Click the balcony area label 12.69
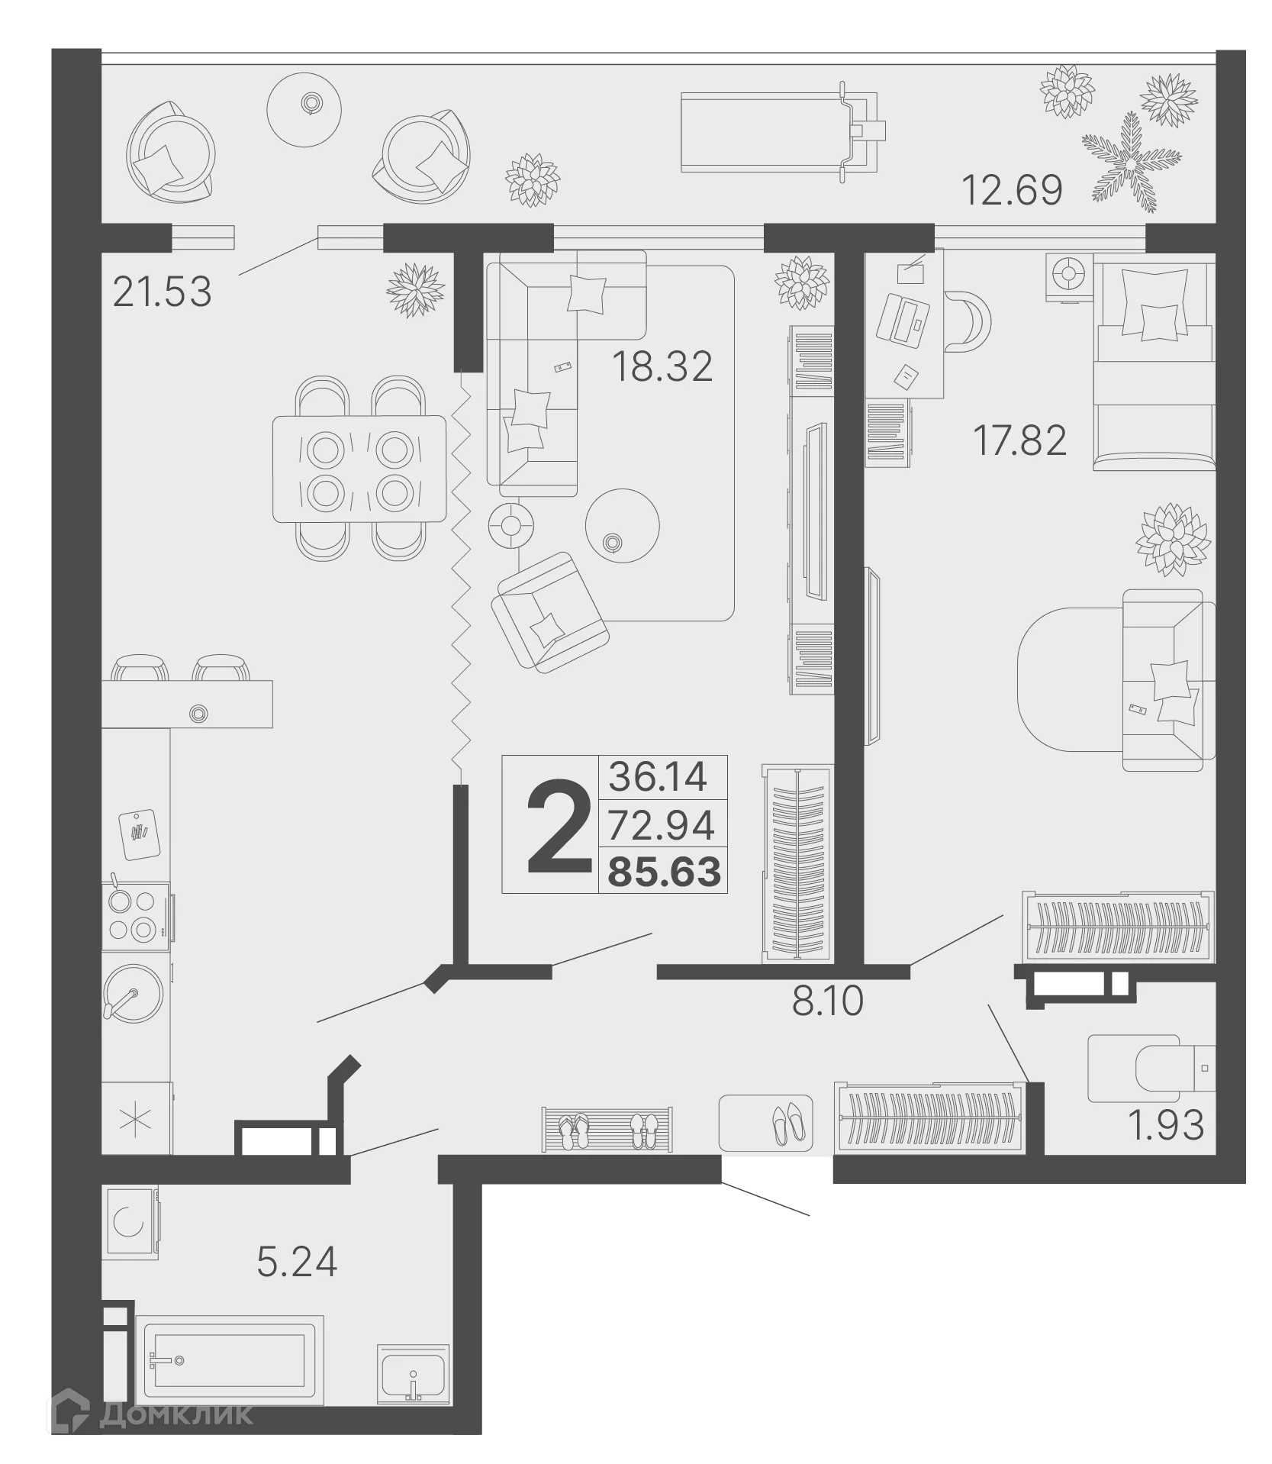(x=1011, y=190)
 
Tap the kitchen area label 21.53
(x=162, y=292)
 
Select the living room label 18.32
(x=662, y=366)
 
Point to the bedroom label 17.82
(x=1019, y=440)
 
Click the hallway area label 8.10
(x=827, y=1001)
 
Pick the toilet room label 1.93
(x=1165, y=1125)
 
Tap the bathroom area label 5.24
(x=297, y=1262)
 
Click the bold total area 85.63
(x=664, y=872)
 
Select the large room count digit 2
(x=559, y=827)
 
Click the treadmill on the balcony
(x=782, y=133)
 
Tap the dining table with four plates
(x=359, y=469)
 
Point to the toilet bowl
(x=1152, y=1068)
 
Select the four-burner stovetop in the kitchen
(x=136, y=916)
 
